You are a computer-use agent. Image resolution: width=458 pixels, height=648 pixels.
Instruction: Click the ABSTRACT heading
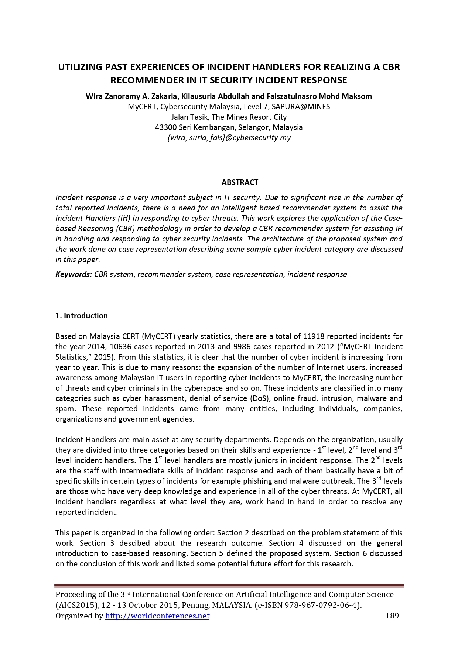[x=240, y=182]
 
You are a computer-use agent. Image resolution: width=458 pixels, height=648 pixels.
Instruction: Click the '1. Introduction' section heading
[x=81, y=316]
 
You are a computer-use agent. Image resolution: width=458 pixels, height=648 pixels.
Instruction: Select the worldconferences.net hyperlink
[x=157, y=616]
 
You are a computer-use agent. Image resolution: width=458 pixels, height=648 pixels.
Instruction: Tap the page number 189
[x=392, y=616]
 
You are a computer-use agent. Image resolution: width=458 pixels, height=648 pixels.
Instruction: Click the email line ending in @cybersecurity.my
[x=229, y=138]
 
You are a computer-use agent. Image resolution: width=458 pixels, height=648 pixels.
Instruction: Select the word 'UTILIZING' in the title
[x=80, y=67]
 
